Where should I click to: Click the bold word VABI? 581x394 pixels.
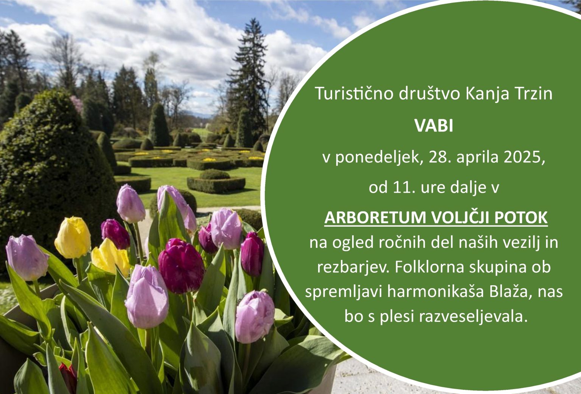tap(434, 126)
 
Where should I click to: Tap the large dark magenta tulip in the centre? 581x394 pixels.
tap(181, 266)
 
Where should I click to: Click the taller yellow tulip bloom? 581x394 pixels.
tap(73, 238)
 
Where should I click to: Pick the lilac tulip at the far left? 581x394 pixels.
tap(27, 257)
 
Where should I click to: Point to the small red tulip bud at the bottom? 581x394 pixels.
tap(68, 377)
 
